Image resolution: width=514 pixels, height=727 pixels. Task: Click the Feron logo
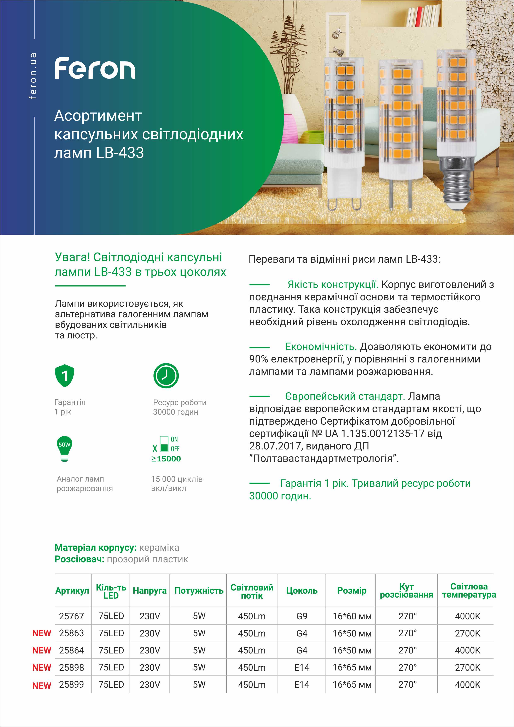click(95, 68)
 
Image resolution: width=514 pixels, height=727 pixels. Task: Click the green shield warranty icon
click(65, 376)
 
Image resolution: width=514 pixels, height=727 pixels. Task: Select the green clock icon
click(166, 376)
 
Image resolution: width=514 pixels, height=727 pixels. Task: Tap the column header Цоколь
click(302, 591)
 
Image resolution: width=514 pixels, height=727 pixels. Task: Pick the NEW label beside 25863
click(41, 633)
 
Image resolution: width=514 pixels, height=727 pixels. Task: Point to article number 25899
click(71, 685)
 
